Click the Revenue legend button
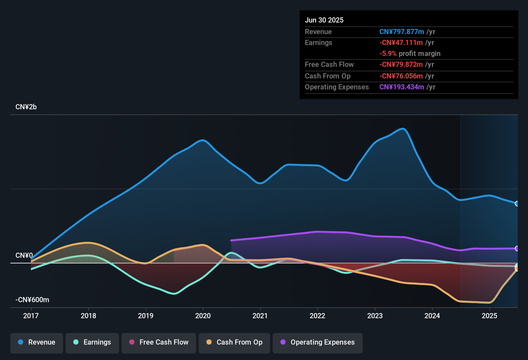[x=37, y=343]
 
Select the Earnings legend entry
[x=92, y=343]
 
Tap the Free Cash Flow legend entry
[x=159, y=343]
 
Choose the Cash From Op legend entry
[x=234, y=343]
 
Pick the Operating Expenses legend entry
[x=318, y=343]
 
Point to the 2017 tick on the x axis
[x=31, y=316]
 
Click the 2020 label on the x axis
[x=203, y=316]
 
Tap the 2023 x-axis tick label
[x=375, y=316]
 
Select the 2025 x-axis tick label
[x=489, y=316]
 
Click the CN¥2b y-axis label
[x=26, y=107]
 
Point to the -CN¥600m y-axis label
[x=32, y=300]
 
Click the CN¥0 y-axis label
[x=24, y=256]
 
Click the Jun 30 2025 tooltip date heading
[x=324, y=20]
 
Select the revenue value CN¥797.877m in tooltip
[x=402, y=32]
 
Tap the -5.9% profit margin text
[x=410, y=54]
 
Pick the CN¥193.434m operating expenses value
[x=402, y=87]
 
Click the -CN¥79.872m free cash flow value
[x=401, y=65]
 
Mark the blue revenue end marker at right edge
[x=517, y=203]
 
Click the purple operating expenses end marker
[x=517, y=248]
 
